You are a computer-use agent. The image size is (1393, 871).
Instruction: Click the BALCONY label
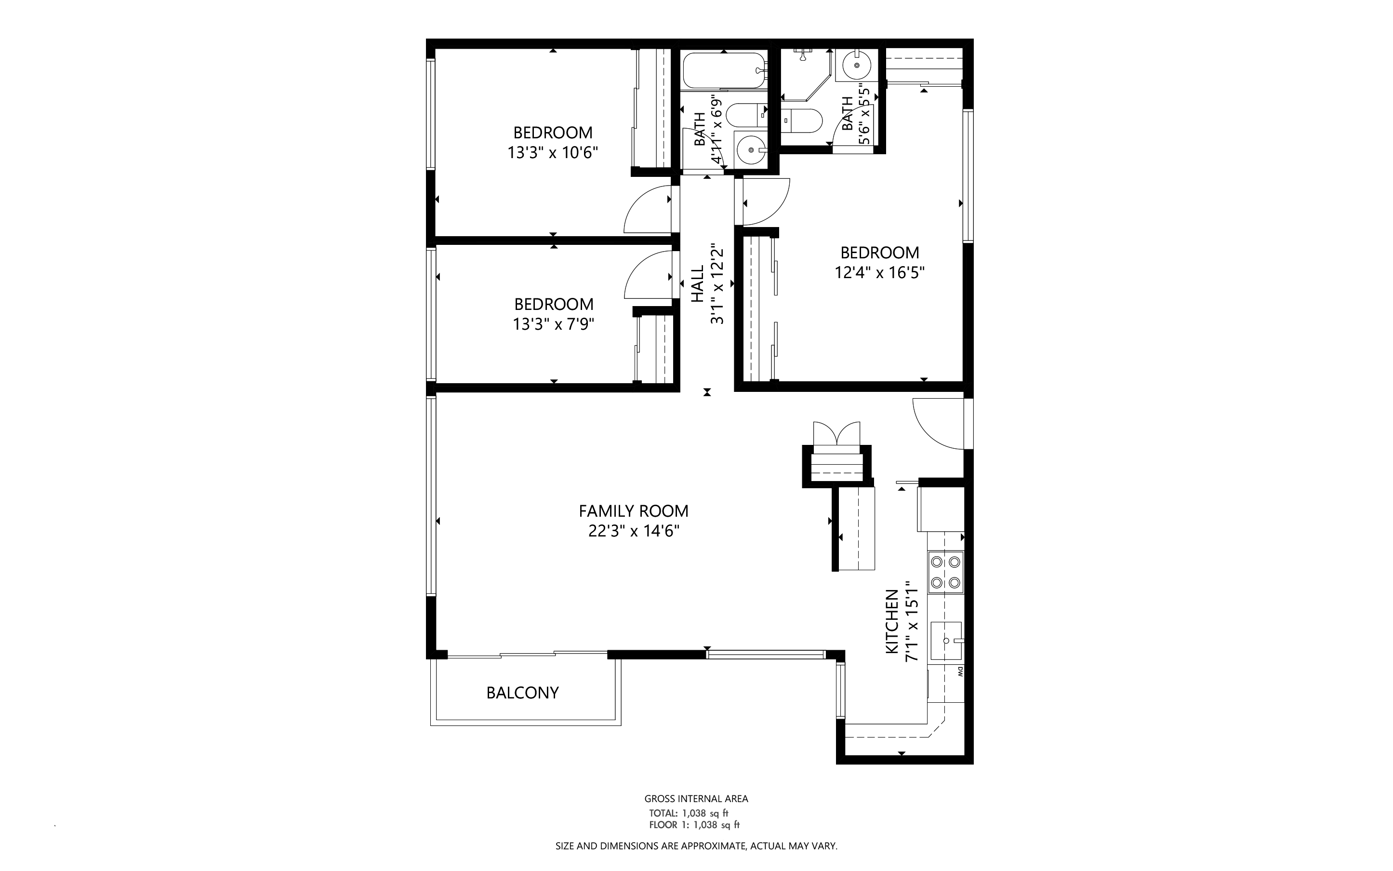coord(522,693)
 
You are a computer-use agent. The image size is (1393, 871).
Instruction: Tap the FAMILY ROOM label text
coord(634,511)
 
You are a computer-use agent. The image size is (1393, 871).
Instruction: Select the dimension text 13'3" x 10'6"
coord(553,153)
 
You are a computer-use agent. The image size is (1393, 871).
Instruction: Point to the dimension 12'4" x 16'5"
coord(880,272)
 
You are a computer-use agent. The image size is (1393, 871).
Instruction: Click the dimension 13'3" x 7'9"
coord(554,324)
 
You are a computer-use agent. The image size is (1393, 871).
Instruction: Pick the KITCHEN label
coord(891,622)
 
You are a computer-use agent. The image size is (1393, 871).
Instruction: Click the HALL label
coord(697,283)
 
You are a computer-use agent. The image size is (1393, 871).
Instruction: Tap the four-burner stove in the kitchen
coord(945,572)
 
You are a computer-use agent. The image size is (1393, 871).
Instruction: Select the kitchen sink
coord(946,640)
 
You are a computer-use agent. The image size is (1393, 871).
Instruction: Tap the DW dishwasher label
coord(959,671)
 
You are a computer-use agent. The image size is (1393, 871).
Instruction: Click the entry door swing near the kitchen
coord(939,423)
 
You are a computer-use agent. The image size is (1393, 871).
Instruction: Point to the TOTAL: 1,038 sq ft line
coord(689,813)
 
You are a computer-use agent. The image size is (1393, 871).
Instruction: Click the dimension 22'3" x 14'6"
coord(634,531)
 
